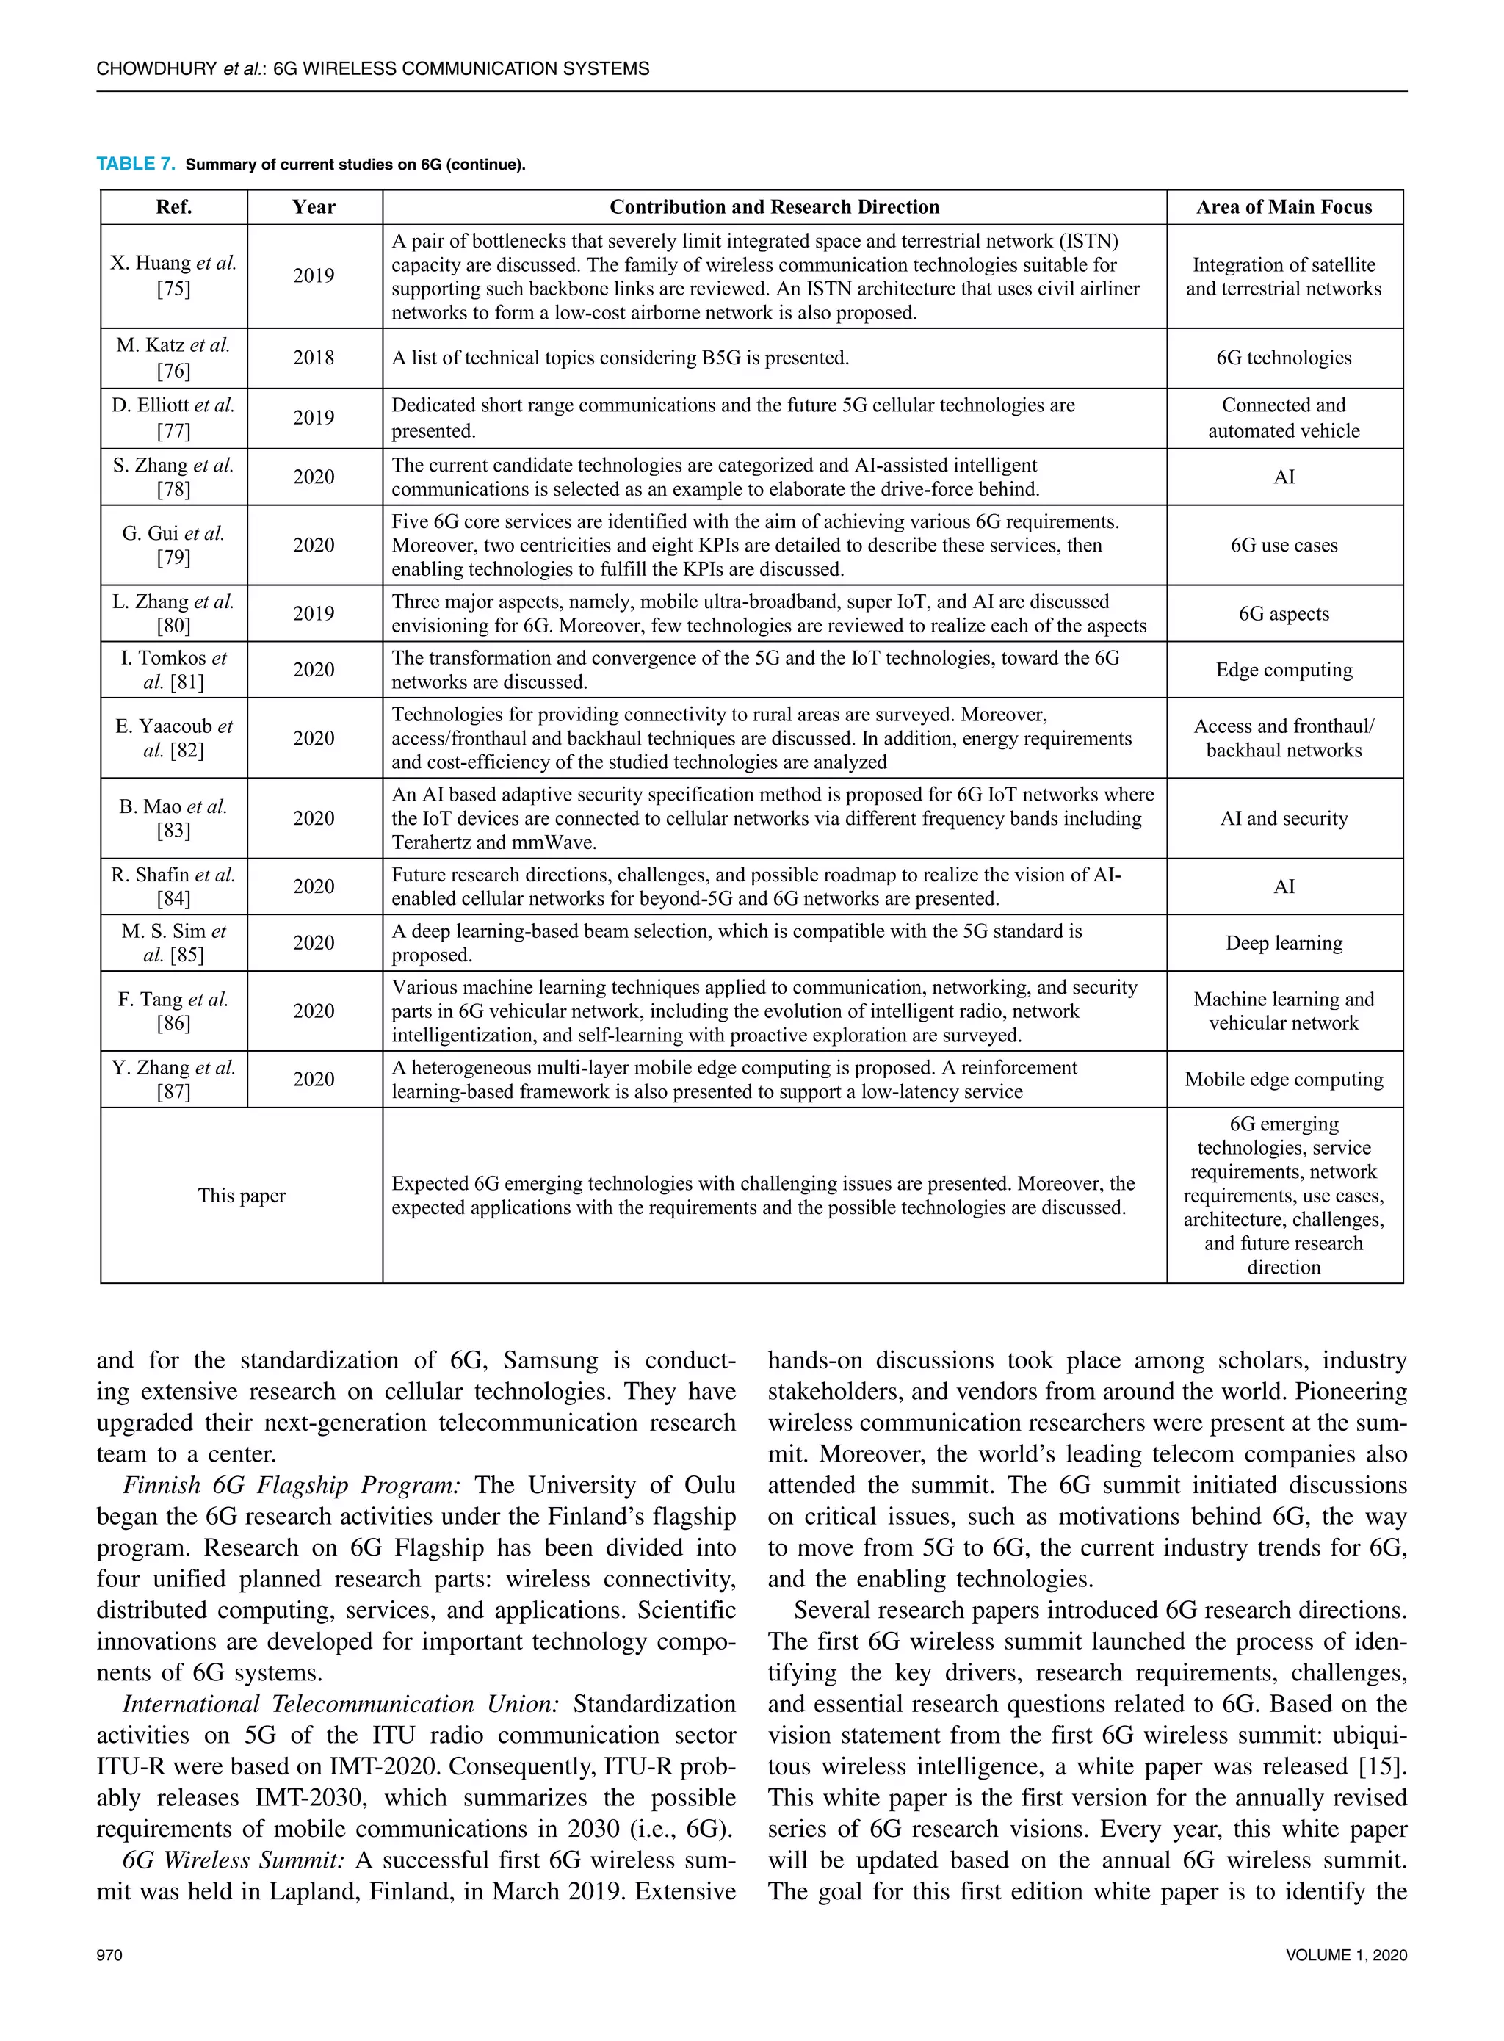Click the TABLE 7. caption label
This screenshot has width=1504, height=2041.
pyautogui.click(x=134, y=164)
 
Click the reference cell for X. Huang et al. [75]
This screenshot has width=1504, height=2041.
pyautogui.click(x=173, y=276)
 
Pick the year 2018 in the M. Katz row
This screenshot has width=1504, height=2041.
pyautogui.click(x=314, y=358)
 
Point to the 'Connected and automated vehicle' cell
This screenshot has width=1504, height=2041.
pyautogui.click(x=1284, y=418)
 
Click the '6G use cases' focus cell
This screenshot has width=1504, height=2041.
pyautogui.click(x=1284, y=545)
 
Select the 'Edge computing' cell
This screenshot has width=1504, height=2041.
pyautogui.click(x=1284, y=670)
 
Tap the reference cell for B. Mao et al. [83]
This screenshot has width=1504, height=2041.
pyautogui.click(x=173, y=818)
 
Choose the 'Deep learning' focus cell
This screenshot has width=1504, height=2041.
pyautogui.click(x=1284, y=943)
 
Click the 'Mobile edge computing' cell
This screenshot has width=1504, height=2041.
pyautogui.click(x=1284, y=1080)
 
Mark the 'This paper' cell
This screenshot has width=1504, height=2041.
pyautogui.click(x=242, y=1195)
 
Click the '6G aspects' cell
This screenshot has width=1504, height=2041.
pyautogui.click(x=1284, y=613)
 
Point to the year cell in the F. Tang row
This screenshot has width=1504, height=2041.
pyautogui.click(x=314, y=1011)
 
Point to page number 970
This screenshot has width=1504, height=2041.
pyautogui.click(x=109, y=1955)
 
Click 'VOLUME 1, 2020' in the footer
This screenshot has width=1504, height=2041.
pyautogui.click(x=1345, y=1955)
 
